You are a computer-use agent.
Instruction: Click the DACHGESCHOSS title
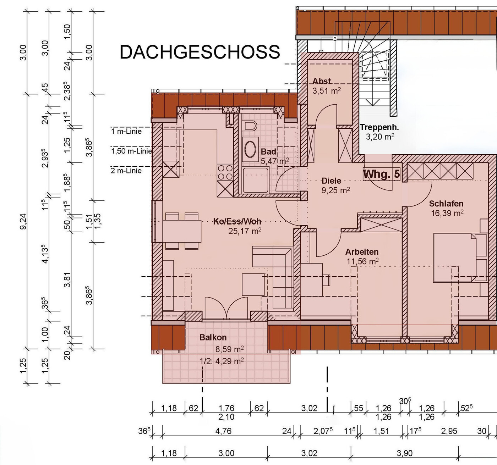(200, 52)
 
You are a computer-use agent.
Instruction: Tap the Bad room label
(268, 151)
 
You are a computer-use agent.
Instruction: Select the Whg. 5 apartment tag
(381, 174)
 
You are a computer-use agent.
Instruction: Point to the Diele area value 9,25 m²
(335, 190)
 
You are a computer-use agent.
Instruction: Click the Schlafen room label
(446, 204)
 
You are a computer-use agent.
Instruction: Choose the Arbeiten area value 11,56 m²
(362, 261)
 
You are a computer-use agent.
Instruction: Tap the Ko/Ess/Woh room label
(237, 221)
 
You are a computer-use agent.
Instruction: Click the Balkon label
(213, 337)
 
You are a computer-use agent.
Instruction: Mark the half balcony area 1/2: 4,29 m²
(222, 361)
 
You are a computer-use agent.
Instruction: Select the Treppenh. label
(379, 127)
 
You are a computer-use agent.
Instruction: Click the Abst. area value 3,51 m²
(327, 90)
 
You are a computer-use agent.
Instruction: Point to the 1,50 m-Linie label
(131, 151)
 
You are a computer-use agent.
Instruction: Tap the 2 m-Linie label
(126, 171)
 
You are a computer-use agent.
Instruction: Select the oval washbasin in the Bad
(250, 149)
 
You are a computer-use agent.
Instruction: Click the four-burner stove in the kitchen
(225, 172)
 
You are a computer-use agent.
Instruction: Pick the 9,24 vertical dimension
(23, 221)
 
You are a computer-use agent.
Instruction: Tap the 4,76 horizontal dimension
(224, 431)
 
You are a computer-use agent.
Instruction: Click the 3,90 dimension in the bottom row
(405, 453)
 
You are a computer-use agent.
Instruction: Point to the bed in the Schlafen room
(455, 258)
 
